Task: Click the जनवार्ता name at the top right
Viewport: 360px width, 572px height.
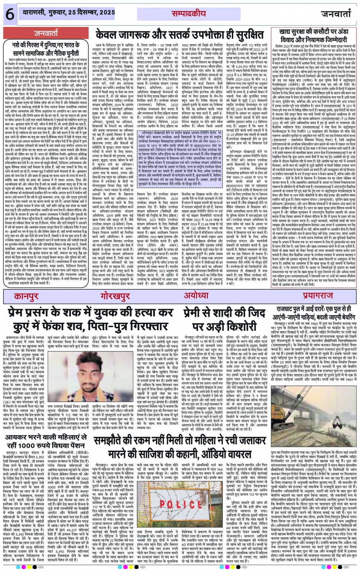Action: tap(335, 14)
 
